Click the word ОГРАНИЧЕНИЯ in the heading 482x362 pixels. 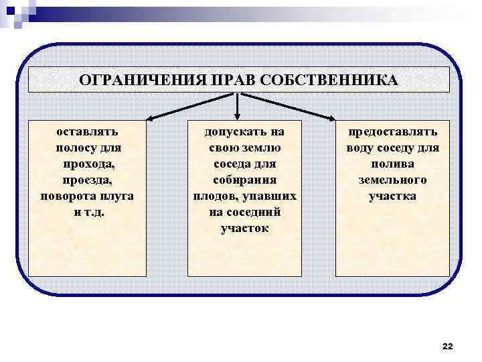132,80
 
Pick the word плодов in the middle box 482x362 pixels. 213,196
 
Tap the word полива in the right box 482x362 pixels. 392,164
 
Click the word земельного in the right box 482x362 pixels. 392,180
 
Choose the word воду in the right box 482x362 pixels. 360,148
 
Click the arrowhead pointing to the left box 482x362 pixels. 151,119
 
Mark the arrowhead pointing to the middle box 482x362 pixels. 238,117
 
